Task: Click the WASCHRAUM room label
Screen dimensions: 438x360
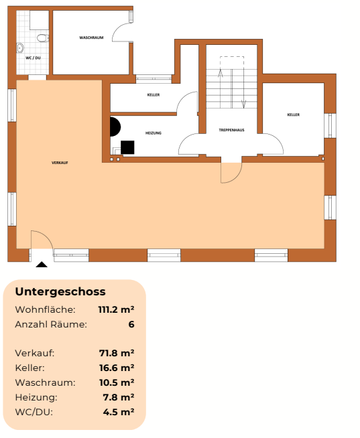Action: click(91, 38)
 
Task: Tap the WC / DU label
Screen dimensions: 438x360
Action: click(33, 58)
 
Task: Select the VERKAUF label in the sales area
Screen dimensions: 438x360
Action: click(60, 163)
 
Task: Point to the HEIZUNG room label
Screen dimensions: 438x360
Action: click(154, 133)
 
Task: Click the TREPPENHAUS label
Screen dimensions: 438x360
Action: click(231, 129)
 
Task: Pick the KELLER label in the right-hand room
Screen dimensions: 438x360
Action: click(293, 115)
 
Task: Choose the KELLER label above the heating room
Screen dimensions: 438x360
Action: click(154, 95)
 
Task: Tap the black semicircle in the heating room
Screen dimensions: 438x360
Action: click(115, 127)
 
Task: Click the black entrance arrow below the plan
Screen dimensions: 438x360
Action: click(42, 265)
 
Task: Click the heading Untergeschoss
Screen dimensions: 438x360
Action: click(60, 292)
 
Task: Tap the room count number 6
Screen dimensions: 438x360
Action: click(131, 324)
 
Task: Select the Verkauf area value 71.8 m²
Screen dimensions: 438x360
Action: click(117, 353)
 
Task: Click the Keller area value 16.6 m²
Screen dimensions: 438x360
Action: click(117, 368)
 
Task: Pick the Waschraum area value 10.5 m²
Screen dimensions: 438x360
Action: click(117, 382)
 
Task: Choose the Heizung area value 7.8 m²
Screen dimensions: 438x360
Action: click(119, 397)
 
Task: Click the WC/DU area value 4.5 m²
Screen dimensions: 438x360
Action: click(119, 412)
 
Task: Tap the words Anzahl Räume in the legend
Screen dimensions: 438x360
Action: click(51, 324)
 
